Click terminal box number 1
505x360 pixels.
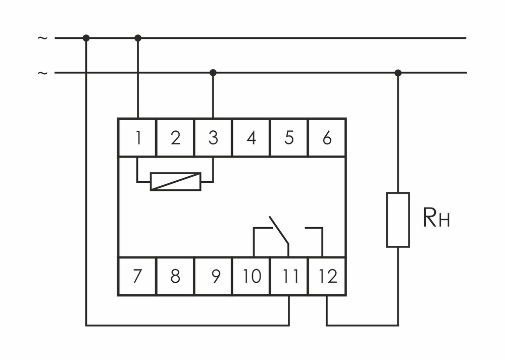coord(137,138)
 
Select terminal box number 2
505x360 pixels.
coord(175,138)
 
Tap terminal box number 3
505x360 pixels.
coord(213,138)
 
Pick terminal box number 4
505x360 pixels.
coord(251,138)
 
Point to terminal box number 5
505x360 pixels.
coord(289,138)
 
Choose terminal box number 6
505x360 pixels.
coord(327,138)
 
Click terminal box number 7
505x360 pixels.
coord(137,276)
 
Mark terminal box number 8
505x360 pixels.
coord(175,276)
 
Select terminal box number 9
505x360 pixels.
coord(213,276)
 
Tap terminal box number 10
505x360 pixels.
coord(251,276)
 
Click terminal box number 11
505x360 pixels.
coord(289,276)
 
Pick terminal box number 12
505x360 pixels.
coord(327,276)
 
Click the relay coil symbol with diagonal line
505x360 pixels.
coord(176,181)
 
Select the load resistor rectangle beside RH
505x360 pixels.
coord(398,220)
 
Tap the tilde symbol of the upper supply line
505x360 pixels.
coord(43,38)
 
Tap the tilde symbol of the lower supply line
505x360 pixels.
coord(43,73)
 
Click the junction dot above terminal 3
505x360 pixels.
coord(213,73)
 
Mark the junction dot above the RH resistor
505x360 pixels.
coord(398,73)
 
